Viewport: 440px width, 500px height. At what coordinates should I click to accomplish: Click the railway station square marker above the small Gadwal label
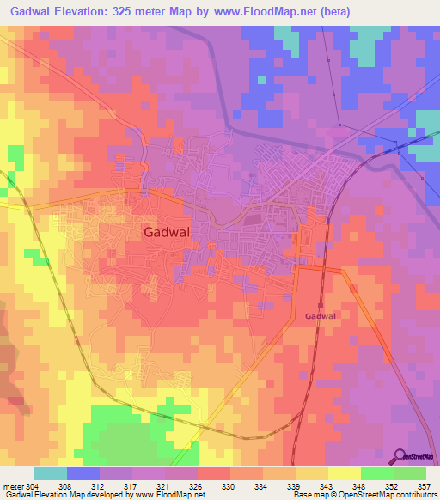tap(320, 304)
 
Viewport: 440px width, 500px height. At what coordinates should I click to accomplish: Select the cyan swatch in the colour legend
tap(51, 473)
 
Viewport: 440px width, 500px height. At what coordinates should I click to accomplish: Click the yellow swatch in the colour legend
tap(345, 473)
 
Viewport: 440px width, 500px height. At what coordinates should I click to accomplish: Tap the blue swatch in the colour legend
tap(83, 473)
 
